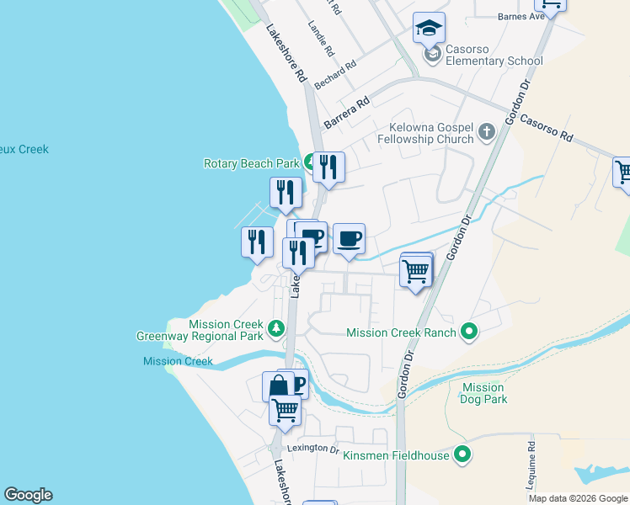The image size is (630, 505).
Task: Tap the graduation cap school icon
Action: point(430,29)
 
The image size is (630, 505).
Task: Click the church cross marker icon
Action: point(486,131)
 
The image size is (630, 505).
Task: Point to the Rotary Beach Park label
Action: point(252,163)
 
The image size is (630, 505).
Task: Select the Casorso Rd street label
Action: point(545,127)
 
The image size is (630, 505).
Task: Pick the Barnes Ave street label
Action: point(521,16)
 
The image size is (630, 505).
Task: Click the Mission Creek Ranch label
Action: point(402,332)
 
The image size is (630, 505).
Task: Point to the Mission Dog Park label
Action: point(484,393)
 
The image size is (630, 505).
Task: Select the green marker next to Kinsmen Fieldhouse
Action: point(462,455)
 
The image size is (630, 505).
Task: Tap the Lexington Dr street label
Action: point(312,448)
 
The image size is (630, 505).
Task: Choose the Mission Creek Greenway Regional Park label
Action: point(200,330)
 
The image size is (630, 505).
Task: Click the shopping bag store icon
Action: point(278,386)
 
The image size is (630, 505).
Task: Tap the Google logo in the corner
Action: point(28,495)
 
